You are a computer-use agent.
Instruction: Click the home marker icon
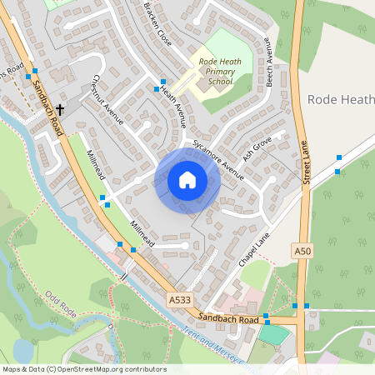coord(187,180)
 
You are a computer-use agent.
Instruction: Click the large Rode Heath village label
coord(340,99)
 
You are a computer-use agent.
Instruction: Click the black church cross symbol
coord(60,109)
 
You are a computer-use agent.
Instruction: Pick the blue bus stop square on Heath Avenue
coord(156,88)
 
